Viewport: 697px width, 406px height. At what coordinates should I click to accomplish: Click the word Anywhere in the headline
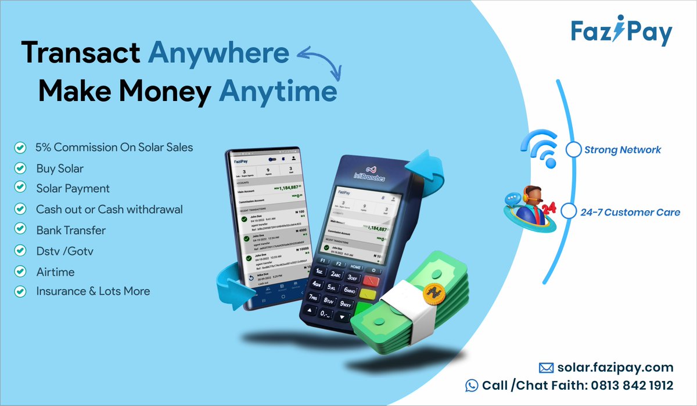click(219, 53)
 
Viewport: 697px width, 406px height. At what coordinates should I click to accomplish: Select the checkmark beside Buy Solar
click(20, 168)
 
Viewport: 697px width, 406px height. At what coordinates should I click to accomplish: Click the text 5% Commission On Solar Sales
click(114, 148)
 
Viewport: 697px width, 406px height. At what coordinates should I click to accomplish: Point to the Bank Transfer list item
click(71, 230)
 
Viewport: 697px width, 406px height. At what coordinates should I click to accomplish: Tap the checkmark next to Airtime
click(20, 271)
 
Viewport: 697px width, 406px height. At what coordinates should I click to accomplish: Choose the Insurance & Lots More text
click(93, 291)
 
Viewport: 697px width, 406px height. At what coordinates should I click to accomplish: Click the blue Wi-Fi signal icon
click(538, 146)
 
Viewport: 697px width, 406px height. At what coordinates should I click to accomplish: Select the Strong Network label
click(623, 150)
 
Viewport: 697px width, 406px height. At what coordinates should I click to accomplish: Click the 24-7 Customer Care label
click(630, 213)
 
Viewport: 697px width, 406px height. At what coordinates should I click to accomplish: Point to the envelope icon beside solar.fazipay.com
click(545, 367)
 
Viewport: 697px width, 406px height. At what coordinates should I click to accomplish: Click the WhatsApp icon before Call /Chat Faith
click(472, 385)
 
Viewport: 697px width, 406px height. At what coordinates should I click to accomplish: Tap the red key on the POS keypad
click(370, 282)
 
